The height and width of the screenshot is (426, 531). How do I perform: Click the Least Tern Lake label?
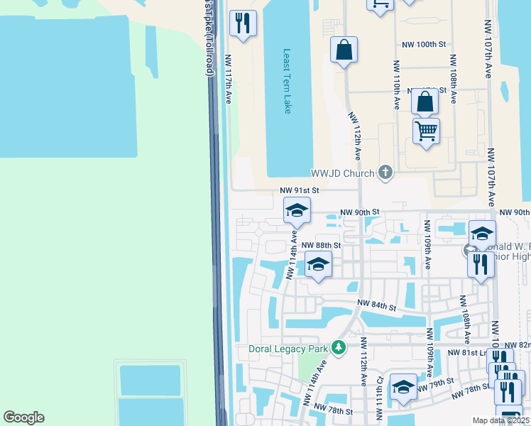click(x=288, y=81)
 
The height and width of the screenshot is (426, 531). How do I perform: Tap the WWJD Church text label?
click(x=341, y=173)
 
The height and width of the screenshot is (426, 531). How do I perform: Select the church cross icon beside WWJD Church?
click(x=385, y=172)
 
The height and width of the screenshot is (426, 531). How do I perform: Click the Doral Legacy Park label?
click(x=288, y=349)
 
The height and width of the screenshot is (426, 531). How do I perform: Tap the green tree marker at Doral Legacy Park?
click(x=339, y=348)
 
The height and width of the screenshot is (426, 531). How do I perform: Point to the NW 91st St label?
click(x=300, y=190)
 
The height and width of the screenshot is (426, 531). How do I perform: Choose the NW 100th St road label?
click(x=423, y=44)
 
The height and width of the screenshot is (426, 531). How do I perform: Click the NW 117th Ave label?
click(x=229, y=77)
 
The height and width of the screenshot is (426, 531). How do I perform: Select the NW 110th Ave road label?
click(x=396, y=84)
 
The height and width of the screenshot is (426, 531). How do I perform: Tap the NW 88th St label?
click(x=322, y=245)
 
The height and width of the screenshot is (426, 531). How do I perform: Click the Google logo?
click(x=23, y=417)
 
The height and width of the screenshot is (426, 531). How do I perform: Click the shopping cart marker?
click(x=426, y=131)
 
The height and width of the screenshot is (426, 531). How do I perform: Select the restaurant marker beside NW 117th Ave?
click(x=243, y=23)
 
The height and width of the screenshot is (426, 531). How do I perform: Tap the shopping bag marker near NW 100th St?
click(x=344, y=50)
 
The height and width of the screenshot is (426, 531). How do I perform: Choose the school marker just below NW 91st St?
click(x=297, y=210)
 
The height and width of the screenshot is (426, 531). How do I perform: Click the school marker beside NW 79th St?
click(x=403, y=388)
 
